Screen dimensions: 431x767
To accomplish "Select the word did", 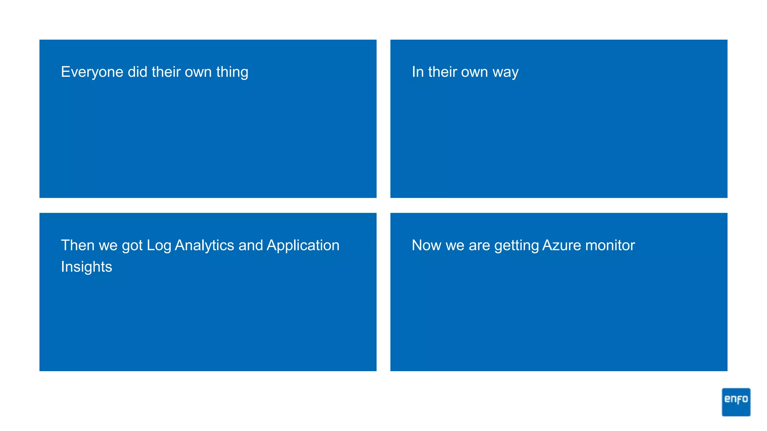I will pos(137,72).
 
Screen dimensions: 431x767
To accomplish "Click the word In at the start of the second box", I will pos(418,72).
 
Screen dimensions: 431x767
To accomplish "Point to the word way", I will pos(506,72).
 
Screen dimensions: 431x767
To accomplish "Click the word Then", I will pos(78,245).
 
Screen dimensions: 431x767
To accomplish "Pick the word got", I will pos(132,245).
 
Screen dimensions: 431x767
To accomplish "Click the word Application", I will pos(303,245).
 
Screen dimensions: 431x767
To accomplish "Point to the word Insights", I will pos(87,267).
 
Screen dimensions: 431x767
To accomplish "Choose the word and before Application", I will pos(250,245).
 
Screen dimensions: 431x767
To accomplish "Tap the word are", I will pos(479,245).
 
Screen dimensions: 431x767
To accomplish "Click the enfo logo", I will pos(736,402).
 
